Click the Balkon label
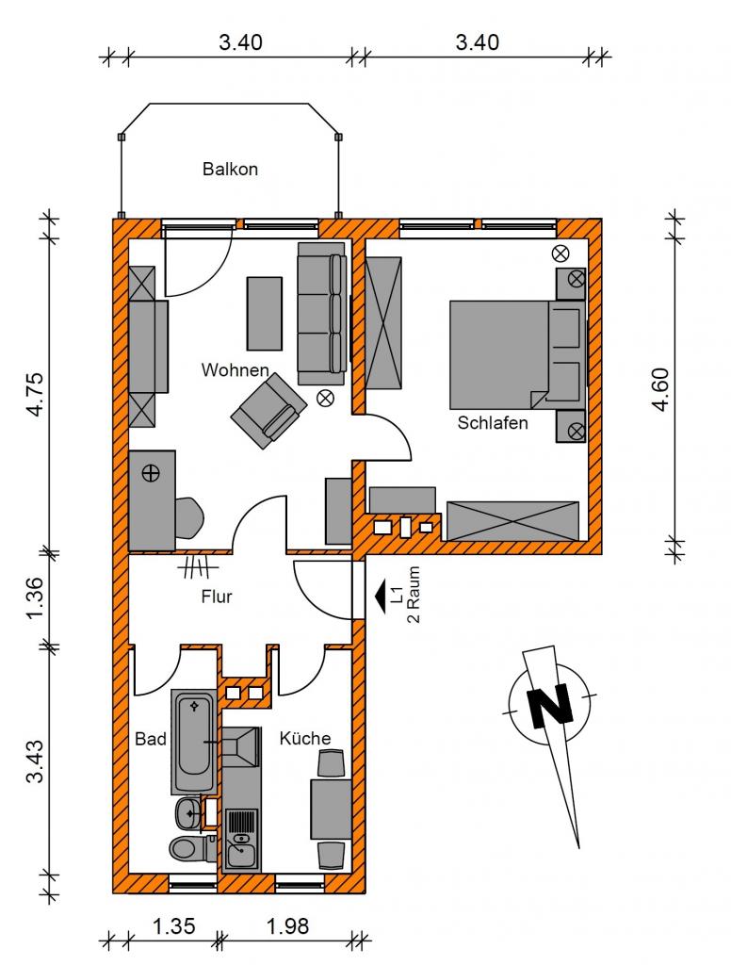[x=230, y=170]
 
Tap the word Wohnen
[x=236, y=369]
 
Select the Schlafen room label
[x=493, y=423]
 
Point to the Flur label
[x=217, y=597]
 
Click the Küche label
[x=305, y=738]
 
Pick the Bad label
[x=151, y=739]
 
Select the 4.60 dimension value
[x=660, y=388]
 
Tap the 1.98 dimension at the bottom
[x=287, y=925]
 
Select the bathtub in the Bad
[x=194, y=742]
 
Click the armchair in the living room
[x=268, y=411]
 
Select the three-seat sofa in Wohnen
[x=322, y=313]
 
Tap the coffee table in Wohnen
[x=265, y=313]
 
